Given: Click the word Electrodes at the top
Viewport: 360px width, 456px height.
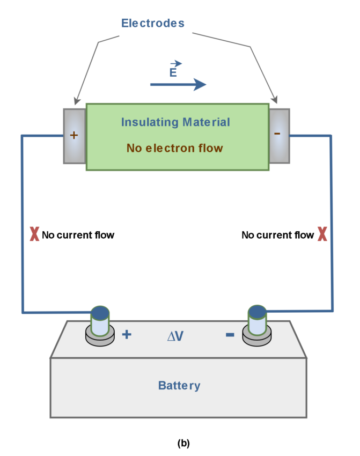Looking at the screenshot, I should [x=153, y=23].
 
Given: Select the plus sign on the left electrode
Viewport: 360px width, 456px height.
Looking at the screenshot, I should [x=74, y=135].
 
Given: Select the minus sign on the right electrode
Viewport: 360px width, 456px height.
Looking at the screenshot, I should [x=277, y=134].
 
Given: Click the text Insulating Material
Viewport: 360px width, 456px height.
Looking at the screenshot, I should [x=175, y=122].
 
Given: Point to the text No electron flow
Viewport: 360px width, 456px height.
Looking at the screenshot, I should [x=174, y=148].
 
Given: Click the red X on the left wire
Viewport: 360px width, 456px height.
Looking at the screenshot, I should [x=34, y=234].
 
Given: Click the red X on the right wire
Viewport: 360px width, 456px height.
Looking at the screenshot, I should [x=322, y=234].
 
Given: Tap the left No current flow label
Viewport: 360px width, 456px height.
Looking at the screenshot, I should [x=78, y=235].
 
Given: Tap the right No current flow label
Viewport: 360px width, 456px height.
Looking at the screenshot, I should [x=277, y=235].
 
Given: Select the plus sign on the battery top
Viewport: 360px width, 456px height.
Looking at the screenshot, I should [x=127, y=335].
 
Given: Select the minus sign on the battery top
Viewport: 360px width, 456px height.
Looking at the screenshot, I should [x=230, y=335].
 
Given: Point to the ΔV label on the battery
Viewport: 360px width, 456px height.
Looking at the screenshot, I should [x=175, y=336].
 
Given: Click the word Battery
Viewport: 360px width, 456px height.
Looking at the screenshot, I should [x=179, y=385].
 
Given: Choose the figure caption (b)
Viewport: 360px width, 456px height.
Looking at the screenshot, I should [x=183, y=443].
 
